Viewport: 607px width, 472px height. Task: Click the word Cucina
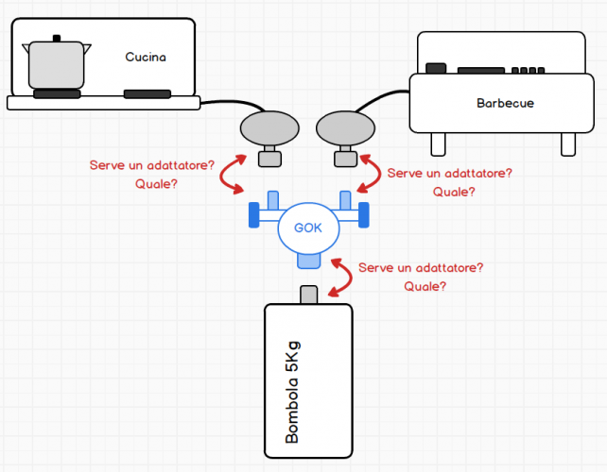point(146,57)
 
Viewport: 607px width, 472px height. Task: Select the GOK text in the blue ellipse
point(308,228)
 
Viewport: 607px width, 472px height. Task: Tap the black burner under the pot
point(57,93)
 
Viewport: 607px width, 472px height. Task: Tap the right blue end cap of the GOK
point(363,216)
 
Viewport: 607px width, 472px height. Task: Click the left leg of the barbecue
point(438,143)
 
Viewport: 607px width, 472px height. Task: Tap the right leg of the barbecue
point(567,143)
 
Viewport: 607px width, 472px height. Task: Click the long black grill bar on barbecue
point(481,71)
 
